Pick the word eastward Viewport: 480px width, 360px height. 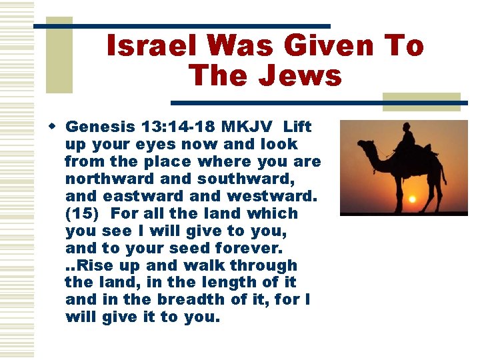[x=140, y=196]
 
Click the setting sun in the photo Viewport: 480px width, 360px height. [x=411, y=198]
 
